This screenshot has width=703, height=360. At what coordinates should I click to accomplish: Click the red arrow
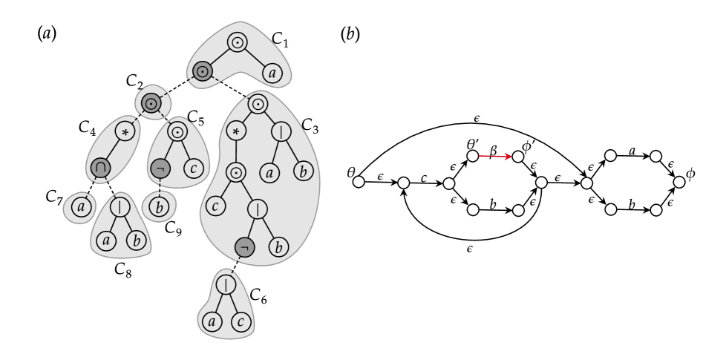(495, 156)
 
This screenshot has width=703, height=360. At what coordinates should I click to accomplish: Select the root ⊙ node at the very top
(238, 42)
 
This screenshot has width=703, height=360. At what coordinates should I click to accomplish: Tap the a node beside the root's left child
(272, 73)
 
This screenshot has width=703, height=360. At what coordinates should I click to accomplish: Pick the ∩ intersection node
(99, 168)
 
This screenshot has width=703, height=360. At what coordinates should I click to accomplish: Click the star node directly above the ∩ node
(125, 132)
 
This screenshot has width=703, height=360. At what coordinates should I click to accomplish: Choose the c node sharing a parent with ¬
(194, 168)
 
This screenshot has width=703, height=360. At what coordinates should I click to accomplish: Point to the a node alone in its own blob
(80, 208)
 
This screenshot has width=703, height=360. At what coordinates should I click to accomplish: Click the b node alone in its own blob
(158, 208)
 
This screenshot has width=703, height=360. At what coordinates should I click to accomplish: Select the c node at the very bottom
(240, 321)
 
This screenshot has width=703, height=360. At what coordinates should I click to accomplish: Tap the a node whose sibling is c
(212, 321)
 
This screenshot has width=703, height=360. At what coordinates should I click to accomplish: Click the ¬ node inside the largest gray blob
(244, 247)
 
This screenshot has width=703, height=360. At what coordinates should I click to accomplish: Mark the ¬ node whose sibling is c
(160, 168)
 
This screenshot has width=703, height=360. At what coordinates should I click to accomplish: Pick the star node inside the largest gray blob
(236, 132)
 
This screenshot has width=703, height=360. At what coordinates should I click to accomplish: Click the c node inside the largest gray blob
(215, 206)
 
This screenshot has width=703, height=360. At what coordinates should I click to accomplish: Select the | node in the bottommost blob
(226, 284)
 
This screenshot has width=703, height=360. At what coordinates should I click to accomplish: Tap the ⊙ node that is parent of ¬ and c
(177, 132)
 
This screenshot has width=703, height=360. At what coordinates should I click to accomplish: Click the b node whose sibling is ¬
(278, 247)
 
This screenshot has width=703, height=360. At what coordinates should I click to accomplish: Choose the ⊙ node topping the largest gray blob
(258, 103)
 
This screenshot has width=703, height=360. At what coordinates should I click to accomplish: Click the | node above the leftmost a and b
(120, 207)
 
